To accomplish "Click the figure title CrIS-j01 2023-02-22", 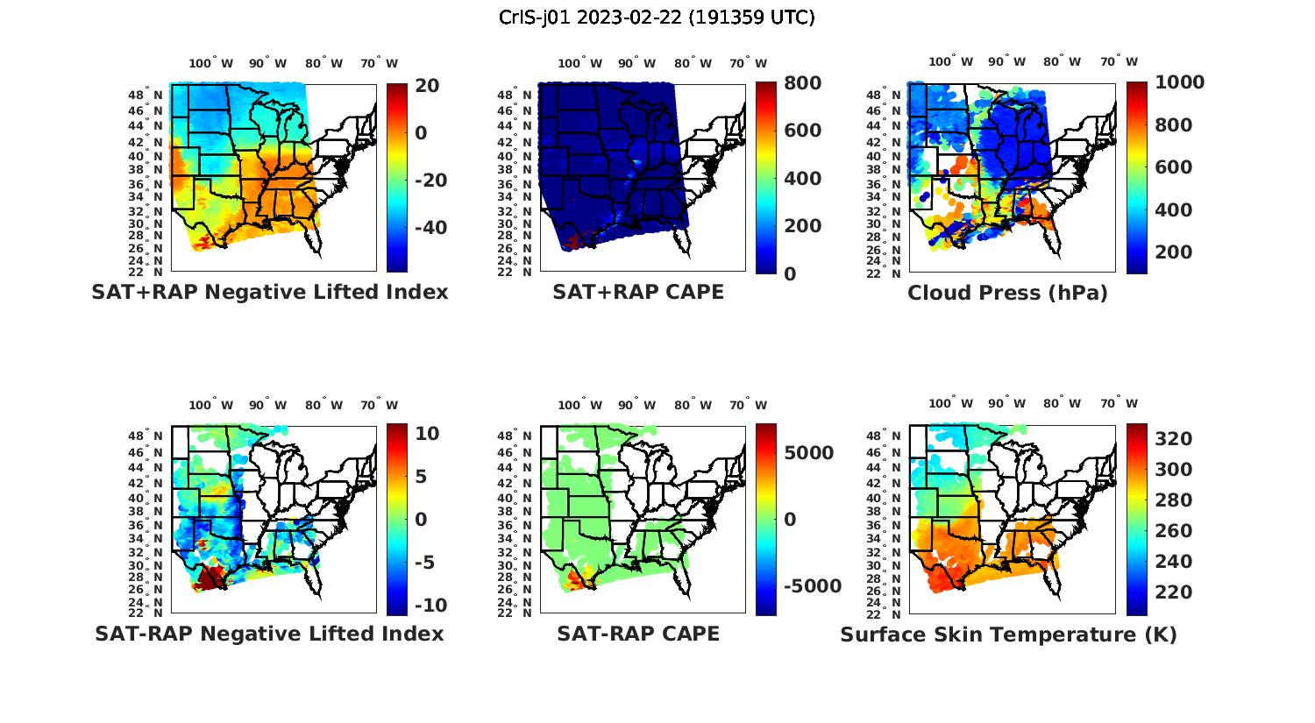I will [x=657, y=18].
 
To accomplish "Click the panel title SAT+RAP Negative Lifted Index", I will [x=270, y=293].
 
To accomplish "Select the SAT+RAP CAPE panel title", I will [x=638, y=293].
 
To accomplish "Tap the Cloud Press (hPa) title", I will [x=1007, y=293].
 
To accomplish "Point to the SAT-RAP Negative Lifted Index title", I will [x=270, y=634].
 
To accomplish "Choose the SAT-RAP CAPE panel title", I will [x=638, y=634].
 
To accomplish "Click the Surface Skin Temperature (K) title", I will [x=1008, y=634].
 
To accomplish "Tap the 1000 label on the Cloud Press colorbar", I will [x=1179, y=82].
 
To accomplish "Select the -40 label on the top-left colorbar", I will [x=430, y=228].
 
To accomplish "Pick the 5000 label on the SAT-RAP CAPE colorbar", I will [x=808, y=453].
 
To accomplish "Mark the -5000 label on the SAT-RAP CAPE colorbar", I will [x=813, y=586].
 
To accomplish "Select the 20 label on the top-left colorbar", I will [x=428, y=85].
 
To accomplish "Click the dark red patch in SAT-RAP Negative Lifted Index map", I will [x=209, y=578].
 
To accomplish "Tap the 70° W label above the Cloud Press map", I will [x=1119, y=62].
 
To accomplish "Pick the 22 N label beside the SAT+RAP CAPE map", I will [x=515, y=273].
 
